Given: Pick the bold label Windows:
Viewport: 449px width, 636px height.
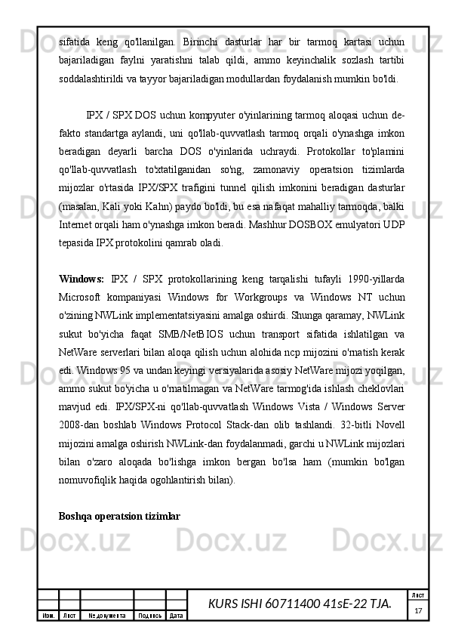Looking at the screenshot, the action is (81, 279).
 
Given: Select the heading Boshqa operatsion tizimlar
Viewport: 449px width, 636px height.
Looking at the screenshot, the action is (120, 516).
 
